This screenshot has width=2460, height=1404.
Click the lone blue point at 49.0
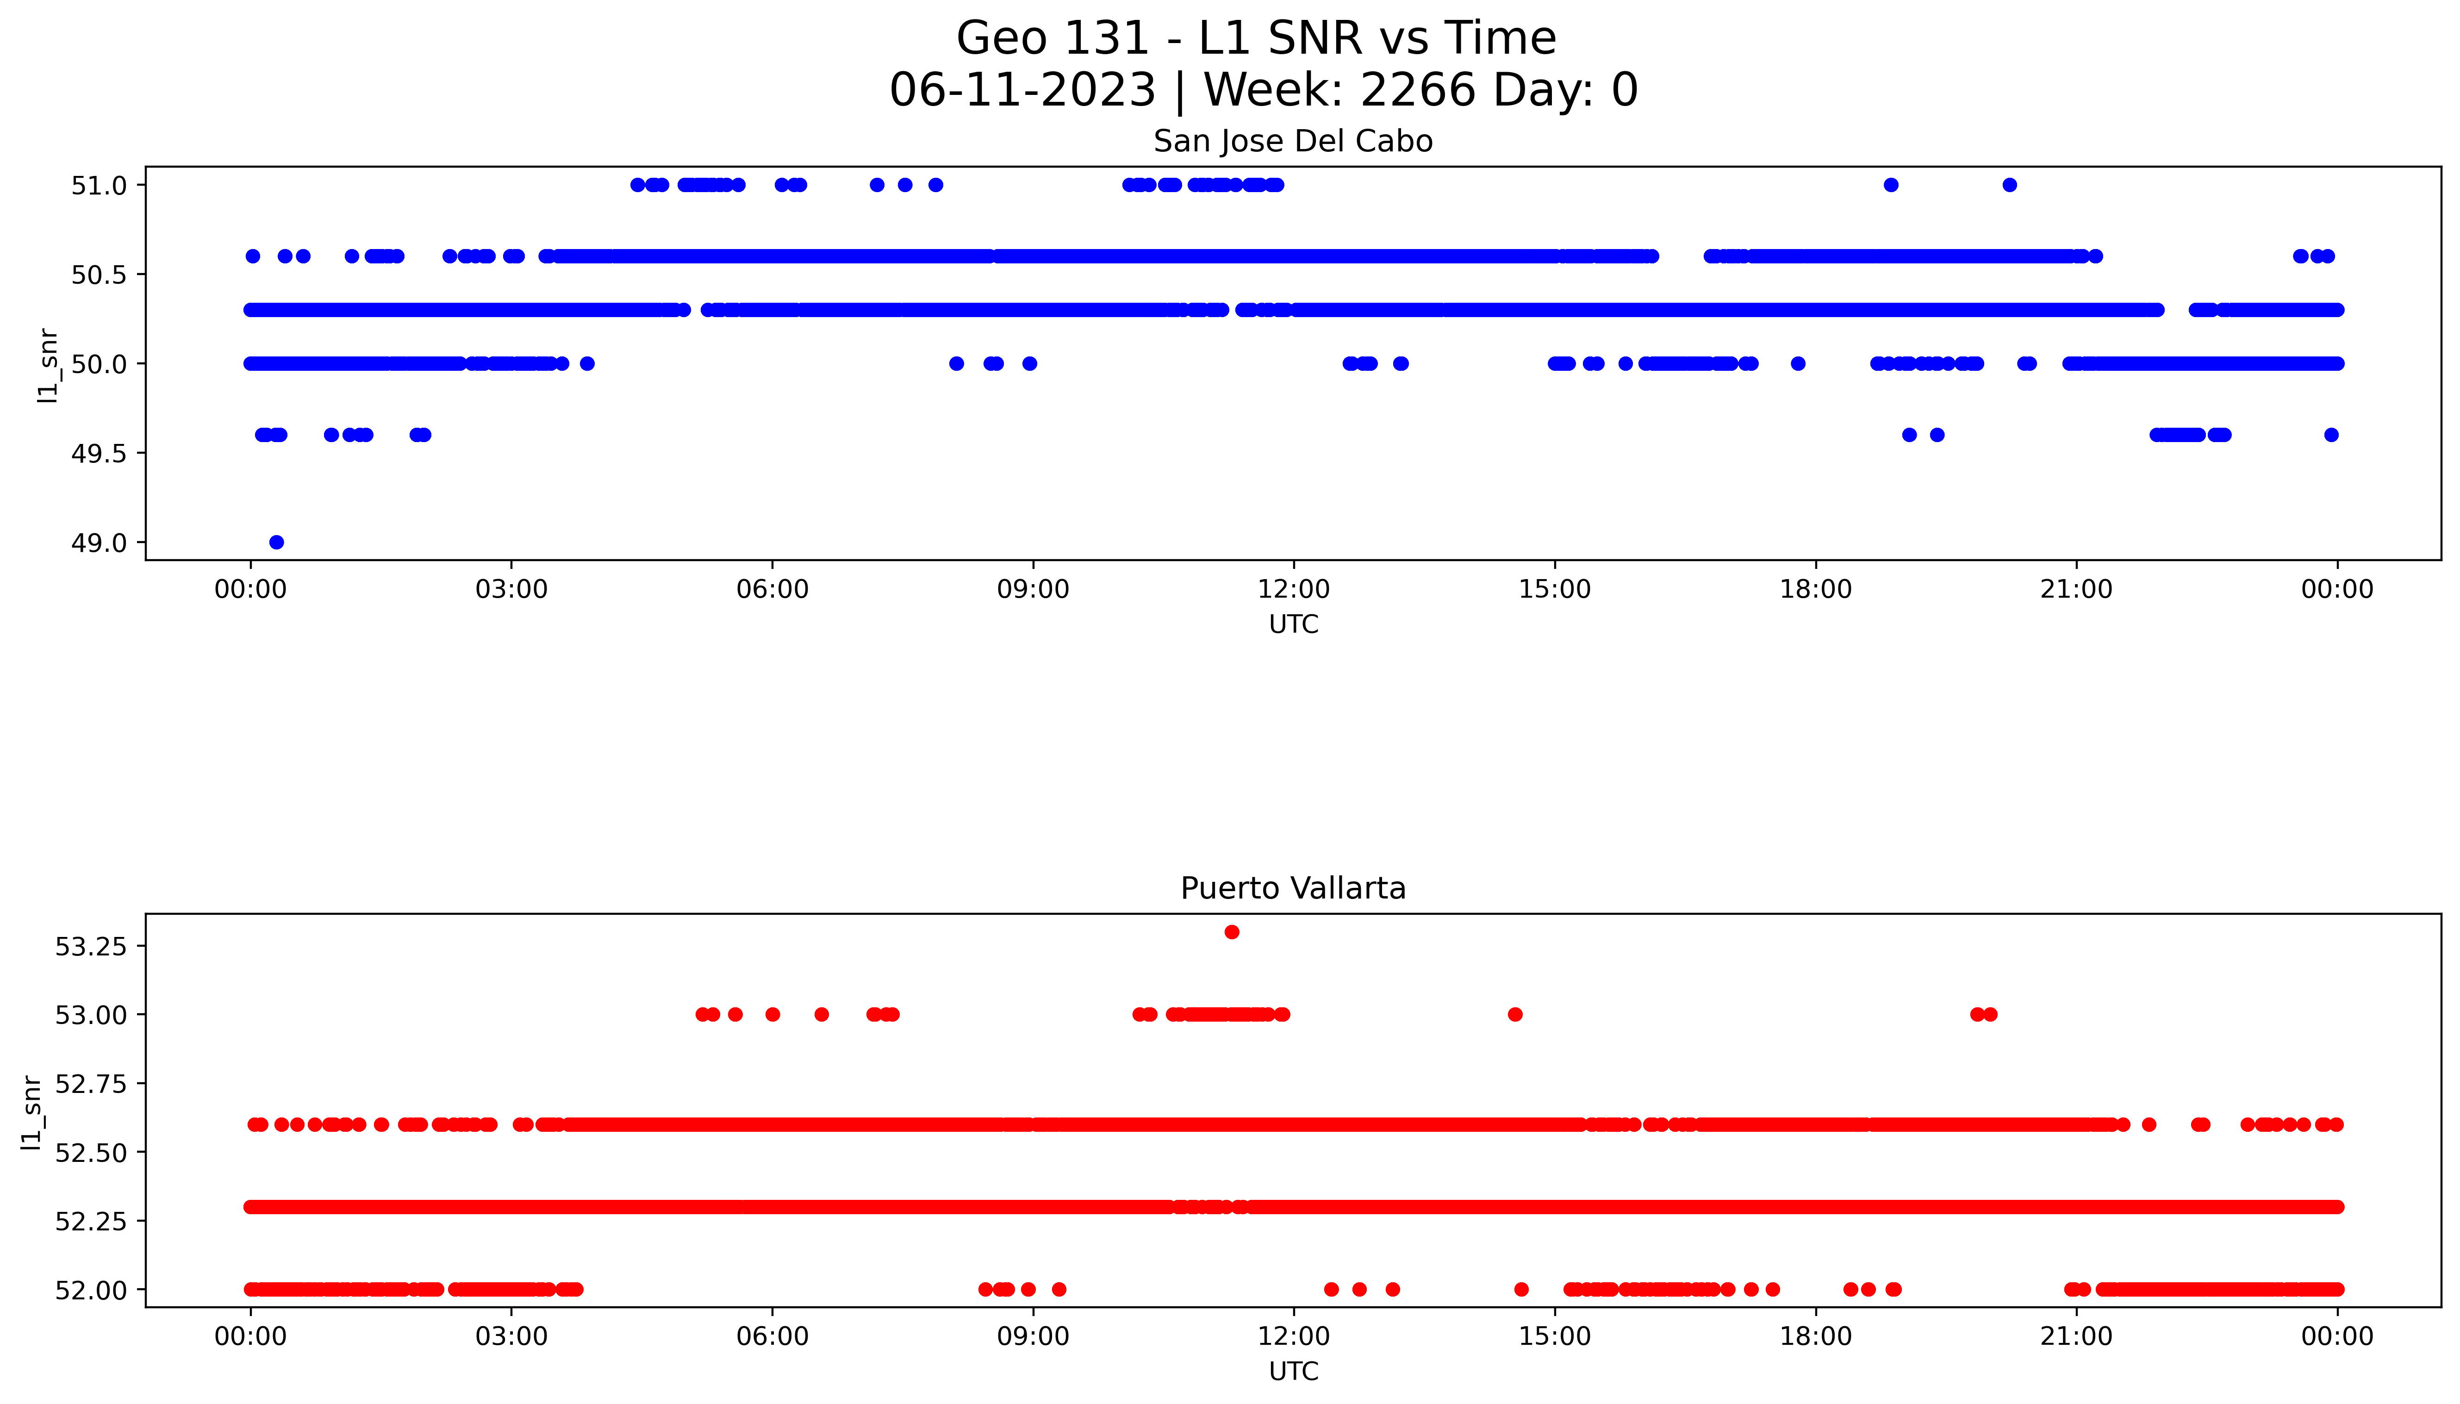[x=277, y=542]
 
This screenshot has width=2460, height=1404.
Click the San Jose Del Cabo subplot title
[x=1293, y=142]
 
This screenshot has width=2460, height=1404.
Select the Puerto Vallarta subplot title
[x=1293, y=888]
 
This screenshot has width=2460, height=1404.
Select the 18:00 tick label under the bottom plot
[x=1815, y=1336]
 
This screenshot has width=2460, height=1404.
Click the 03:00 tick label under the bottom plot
[x=511, y=1336]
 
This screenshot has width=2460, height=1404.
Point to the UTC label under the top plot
[x=1293, y=625]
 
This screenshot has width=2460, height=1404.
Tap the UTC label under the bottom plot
[x=1293, y=1371]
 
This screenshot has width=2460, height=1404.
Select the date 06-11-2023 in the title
[x=1022, y=91]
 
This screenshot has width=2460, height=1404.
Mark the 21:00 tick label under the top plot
[x=2075, y=589]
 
